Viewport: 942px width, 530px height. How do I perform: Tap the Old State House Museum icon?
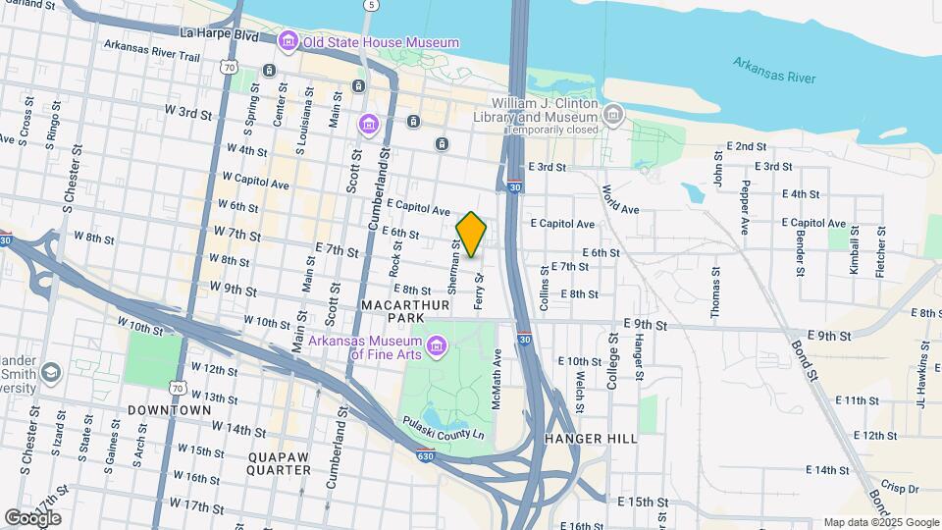288,41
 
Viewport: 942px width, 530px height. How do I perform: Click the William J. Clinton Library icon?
613,115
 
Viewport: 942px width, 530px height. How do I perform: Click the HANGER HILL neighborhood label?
591,439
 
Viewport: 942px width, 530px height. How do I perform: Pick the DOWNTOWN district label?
169,409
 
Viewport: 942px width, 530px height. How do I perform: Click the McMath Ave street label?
498,373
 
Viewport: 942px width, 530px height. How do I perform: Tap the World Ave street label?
621,201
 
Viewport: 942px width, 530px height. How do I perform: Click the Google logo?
32,517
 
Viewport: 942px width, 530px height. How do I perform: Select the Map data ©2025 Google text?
881,522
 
